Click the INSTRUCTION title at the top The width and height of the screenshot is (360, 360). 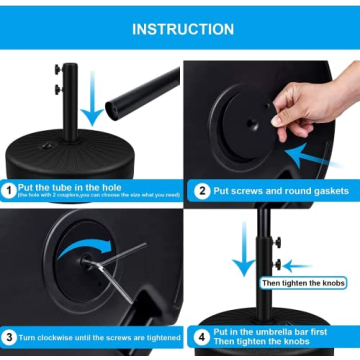pos(180,29)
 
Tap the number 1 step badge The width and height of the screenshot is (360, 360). pos(9,188)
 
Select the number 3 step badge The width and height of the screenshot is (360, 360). pos(9,336)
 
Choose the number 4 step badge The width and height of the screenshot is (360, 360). pos(203,337)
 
